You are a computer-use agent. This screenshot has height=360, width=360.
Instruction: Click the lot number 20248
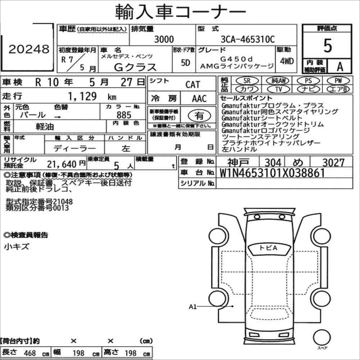[x=29, y=49]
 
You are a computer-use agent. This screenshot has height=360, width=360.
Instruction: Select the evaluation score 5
[x=328, y=46]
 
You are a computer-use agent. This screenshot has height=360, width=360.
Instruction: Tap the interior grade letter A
[x=340, y=66]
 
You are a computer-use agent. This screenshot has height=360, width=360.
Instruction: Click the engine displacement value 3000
[x=164, y=39]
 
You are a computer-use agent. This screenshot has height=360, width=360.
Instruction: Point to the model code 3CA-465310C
[x=248, y=39]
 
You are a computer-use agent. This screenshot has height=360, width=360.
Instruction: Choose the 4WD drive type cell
[x=287, y=61]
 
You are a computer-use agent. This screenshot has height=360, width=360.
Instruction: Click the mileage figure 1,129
[x=82, y=96]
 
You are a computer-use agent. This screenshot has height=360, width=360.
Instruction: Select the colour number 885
[x=124, y=115]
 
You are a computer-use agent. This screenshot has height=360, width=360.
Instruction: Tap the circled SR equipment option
[x=247, y=80]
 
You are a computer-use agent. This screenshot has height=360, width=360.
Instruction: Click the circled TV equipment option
[x=278, y=89]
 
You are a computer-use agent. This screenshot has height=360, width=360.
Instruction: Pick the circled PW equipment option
[x=338, y=80]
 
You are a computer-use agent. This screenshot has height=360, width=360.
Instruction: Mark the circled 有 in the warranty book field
[x=199, y=116]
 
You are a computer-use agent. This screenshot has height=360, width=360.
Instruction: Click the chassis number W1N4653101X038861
[x=272, y=173]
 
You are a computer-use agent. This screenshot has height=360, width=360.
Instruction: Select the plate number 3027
[x=333, y=162]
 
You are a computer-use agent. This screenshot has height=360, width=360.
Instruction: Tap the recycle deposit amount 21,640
[x=61, y=164]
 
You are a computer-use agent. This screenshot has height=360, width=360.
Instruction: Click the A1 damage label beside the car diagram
[x=193, y=307]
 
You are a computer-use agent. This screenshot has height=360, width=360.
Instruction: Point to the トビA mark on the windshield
[x=268, y=248]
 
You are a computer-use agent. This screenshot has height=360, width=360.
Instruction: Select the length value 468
[x=30, y=353]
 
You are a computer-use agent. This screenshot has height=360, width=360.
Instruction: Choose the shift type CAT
[x=193, y=84]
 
